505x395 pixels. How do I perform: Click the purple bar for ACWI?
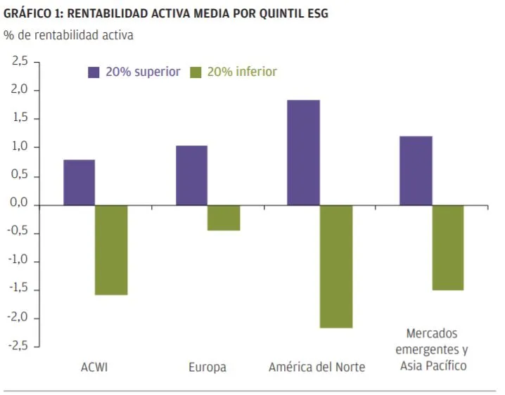point(79,182)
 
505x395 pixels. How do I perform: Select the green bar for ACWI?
point(111,250)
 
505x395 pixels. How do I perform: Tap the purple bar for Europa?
point(191,175)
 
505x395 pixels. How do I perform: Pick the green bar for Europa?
point(224,218)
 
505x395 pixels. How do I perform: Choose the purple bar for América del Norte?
point(303,153)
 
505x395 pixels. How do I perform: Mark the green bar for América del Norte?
point(335,266)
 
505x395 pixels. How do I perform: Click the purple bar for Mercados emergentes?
point(416,170)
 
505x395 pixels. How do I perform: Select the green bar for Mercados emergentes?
point(448,247)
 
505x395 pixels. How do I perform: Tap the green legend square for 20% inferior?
point(196,72)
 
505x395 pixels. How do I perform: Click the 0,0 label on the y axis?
point(20,205)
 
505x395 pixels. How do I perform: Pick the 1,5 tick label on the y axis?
point(20,119)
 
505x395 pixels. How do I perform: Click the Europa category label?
point(207,367)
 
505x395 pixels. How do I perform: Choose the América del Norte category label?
point(317,367)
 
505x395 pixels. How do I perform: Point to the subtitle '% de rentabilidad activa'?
point(68,34)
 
